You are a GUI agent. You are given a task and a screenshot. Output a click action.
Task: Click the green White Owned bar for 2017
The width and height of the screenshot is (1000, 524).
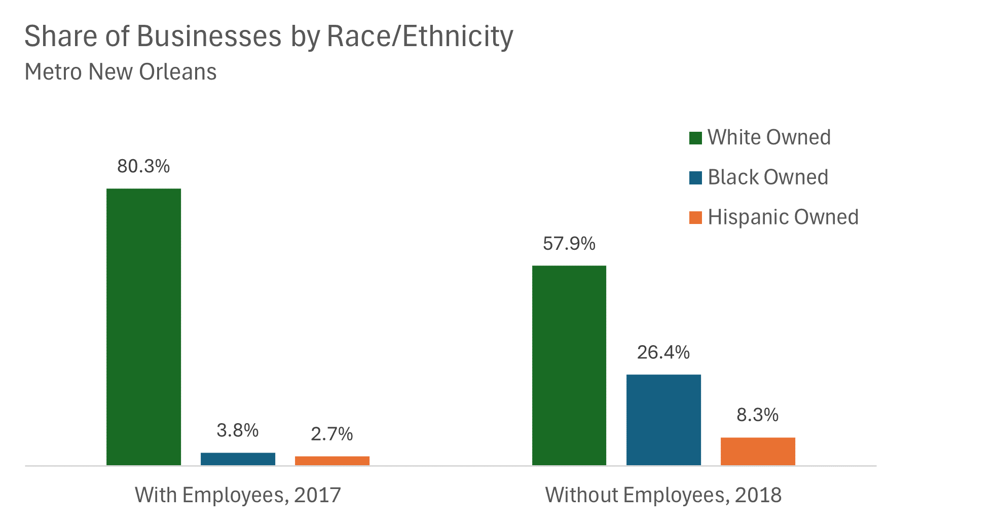point(143,327)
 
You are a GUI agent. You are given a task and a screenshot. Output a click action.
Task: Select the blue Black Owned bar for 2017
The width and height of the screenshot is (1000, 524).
point(238,459)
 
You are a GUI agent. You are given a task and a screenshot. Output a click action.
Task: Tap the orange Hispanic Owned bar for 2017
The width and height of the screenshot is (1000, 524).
point(332,460)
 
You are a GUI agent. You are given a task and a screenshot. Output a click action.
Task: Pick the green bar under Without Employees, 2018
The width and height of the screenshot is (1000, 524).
point(569,365)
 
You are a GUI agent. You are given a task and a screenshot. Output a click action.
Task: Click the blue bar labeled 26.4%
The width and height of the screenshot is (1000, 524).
point(663,420)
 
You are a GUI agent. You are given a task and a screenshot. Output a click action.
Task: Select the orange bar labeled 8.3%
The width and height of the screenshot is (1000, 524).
point(758,451)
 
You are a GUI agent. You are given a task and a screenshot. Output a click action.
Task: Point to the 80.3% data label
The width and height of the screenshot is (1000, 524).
point(143,166)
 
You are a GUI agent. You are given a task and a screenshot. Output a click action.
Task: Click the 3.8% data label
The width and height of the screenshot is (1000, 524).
point(238,431)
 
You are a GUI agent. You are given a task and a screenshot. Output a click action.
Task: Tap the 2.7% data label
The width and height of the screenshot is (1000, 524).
point(332,434)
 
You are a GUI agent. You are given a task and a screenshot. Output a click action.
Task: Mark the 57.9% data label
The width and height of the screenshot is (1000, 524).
point(569,244)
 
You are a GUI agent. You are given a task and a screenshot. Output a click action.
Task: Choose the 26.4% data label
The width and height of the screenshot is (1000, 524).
point(663,352)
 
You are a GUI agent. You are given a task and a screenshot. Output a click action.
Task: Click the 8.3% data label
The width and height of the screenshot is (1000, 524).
point(757,415)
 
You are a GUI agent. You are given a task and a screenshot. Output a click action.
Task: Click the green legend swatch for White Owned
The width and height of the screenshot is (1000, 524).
point(695,138)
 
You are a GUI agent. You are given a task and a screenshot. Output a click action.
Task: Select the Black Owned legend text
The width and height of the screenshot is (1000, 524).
point(767,177)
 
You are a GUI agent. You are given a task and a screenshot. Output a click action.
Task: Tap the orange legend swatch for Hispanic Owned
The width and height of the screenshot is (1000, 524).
point(695,217)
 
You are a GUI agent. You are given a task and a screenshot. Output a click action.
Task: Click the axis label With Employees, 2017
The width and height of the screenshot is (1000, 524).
point(238,495)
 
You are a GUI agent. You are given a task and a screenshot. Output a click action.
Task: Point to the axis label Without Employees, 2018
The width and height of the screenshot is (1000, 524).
point(663,495)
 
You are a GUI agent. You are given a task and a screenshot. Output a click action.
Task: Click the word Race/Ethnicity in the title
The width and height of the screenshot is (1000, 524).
point(420,36)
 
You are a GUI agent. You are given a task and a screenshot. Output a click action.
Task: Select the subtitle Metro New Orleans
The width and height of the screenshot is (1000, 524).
point(121,72)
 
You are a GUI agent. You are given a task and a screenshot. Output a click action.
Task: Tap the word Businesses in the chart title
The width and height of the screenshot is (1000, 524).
point(208,36)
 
